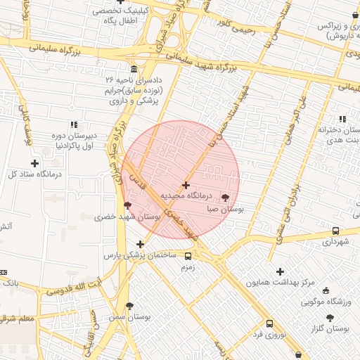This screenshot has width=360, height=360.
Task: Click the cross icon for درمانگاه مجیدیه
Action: pyautogui.click(x=186, y=185)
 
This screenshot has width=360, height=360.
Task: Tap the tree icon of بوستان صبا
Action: pyautogui.click(x=225, y=198)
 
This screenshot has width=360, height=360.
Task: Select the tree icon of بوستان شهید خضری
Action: pyautogui.click(x=127, y=205)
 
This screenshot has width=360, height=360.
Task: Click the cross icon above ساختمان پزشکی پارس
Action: pyautogui.click(x=141, y=244)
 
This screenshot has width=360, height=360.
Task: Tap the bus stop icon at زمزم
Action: pyautogui.click(x=188, y=256)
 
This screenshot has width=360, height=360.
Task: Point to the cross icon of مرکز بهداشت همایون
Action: pyautogui.click(x=280, y=271)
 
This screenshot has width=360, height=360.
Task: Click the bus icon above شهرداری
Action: pyautogui.click(x=335, y=231)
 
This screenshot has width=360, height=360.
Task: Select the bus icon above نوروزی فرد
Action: pyautogui.click(x=269, y=323)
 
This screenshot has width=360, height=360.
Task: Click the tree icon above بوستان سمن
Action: pyautogui.click(x=129, y=306)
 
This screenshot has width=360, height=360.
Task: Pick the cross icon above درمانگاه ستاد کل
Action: pyautogui.click(x=34, y=163)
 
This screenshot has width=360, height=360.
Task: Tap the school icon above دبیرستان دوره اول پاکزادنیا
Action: pyautogui.click(x=75, y=124)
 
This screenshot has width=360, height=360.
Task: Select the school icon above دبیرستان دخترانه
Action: pyautogui.click(x=342, y=119)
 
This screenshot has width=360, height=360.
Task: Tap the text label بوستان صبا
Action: pyautogui.click(x=226, y=209)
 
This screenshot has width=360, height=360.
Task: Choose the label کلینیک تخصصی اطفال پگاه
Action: pyautogui.click(x=124, y=17)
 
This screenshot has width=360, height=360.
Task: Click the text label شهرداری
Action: pyautogui.click(x=335, y=242)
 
